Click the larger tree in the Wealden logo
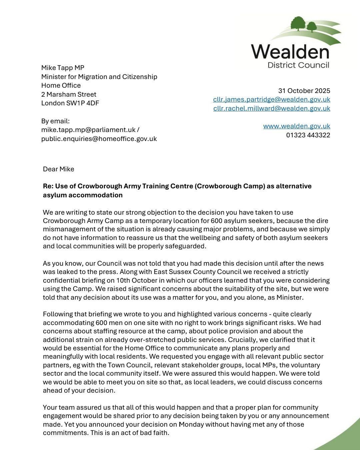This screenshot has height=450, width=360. point(298,24)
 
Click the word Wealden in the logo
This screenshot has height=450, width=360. point(290,52)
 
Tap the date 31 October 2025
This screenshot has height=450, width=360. point(304,91)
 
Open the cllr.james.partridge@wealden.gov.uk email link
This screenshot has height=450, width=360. point(272,99)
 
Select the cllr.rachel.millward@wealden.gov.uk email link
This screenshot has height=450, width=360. point(272,108)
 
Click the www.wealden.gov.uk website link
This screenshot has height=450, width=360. point(297,126)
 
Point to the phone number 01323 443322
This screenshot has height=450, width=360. point(308,135)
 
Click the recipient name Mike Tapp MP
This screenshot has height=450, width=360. point(63,68)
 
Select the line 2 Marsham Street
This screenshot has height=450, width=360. point(69,94)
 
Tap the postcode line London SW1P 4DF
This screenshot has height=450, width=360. point(70,103)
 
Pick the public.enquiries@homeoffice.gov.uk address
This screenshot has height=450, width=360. point(99,139)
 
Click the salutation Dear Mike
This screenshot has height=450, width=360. point(59,169)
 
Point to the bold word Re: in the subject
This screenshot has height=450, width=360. point(48,186)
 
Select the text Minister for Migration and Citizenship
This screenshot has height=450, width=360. point(99,77)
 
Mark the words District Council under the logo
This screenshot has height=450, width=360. point(298,65)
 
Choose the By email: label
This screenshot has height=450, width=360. point(55,121)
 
